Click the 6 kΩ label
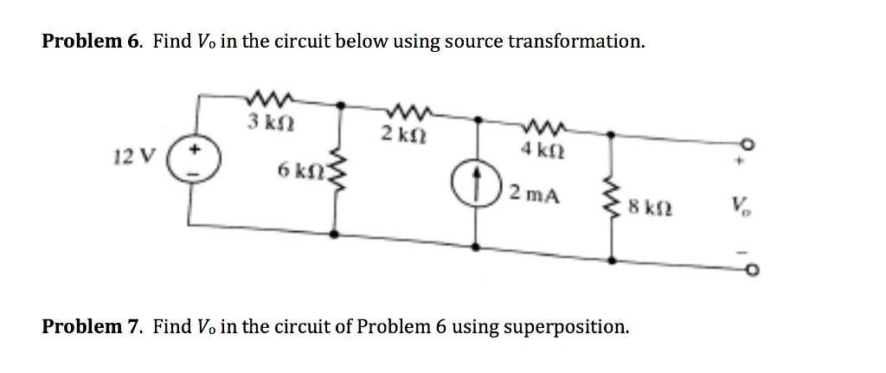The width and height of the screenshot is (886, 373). pyautogui.click(x=296, y=170)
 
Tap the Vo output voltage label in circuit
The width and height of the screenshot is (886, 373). pyautogui.click(x=739, y=207)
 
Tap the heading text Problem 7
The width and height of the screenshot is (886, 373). pyautogui.click(x=93, y=326)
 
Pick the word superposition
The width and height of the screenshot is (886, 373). pyautogui.click(x=565, y=327)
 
